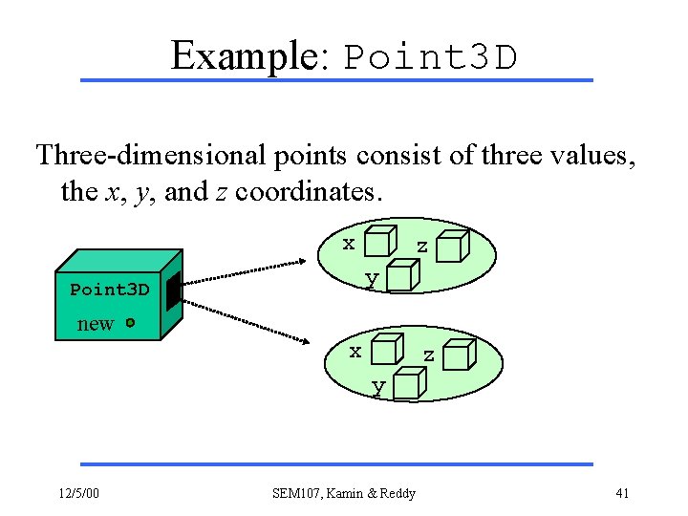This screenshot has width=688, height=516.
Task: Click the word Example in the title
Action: pyautogui.click(x=243, y=56)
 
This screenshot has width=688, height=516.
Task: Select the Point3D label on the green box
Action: pyautogui.click(x=109, y=290)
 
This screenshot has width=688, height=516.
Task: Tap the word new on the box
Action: pyautogui.click(x=95, y=324)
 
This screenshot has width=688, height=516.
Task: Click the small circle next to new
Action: pyautogui.click(x=129, y=323)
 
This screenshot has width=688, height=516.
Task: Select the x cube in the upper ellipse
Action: pyautogui.click(x=380, y=243)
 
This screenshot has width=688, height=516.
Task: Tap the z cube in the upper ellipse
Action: pyautogui.click(x=455, y=246)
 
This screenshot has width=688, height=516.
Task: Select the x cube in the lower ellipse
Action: pyautogui.click(x=386, y=350)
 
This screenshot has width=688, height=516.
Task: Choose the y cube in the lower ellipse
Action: pyautogui.click(x=408, y=385)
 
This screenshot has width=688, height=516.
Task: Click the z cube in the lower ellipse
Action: pyautogui.click(x=461, y=355)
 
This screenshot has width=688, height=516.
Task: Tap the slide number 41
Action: pyautogui.click(x=621, y=493)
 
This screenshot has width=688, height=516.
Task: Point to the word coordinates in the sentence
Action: pyautogui.click(x=308, y=191)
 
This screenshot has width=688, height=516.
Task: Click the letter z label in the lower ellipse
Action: pyautogui.click(x=429, y=355)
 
